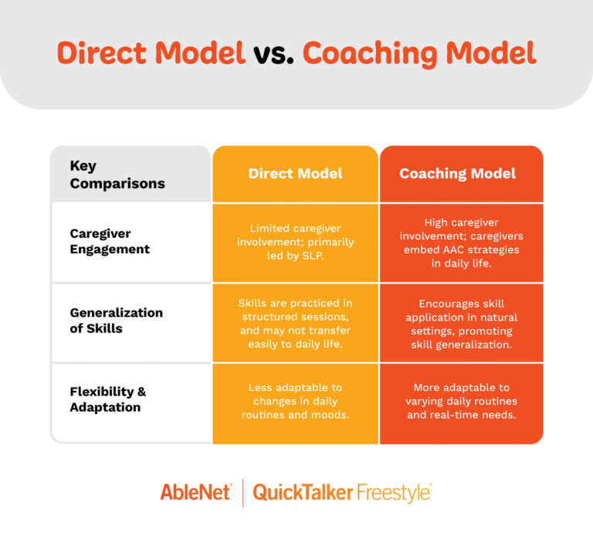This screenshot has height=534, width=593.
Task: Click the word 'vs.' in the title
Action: pos(273,53)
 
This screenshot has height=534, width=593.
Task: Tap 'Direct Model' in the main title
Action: pos(151,53)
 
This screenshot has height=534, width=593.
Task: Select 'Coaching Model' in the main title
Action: pos(418,53)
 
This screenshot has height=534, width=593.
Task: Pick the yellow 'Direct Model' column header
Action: pos(296,174)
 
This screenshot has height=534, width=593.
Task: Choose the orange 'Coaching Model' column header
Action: pos(458,174)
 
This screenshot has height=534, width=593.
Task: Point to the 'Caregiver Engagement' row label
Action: pos(110,241)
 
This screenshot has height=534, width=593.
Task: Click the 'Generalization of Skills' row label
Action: pos(117,321)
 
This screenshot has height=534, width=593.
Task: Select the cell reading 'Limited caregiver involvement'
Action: pos(296,242)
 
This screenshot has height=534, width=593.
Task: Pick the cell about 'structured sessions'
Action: pos(296,324)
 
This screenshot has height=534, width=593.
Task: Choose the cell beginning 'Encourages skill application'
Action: pos(462,324)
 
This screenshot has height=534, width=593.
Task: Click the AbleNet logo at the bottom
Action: pos(195,492)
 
